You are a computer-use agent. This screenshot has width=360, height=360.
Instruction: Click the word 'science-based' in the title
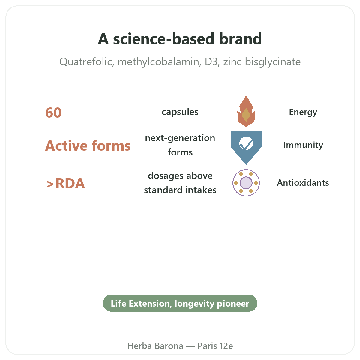[x=164, y=39]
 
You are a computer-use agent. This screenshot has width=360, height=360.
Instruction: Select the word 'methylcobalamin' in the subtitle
[x=159, y=62]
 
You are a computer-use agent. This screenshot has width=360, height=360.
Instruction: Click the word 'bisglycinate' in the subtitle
[x=273, y=62]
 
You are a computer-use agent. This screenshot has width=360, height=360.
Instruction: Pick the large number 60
[x=53, y=113]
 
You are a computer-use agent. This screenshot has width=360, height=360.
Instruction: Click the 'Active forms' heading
[x=88, y=145]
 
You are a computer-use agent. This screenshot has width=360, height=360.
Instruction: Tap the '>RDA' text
[x=66, y=184]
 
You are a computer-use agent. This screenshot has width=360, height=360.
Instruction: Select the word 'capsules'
[x=180, y=112]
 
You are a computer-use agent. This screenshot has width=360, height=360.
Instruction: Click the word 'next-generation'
[x=180, y=138]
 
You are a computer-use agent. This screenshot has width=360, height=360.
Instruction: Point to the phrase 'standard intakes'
[x=180, y=190]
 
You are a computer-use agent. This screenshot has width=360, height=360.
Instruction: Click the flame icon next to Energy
[x=246, y=111]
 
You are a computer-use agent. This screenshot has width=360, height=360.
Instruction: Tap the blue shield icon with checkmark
[x=246, y=148]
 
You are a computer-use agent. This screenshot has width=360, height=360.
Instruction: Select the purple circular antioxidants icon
[x=246, y=183]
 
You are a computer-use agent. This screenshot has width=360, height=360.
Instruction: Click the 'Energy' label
[x=303, y=112]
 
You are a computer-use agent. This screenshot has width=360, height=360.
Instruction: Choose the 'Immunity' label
[x=303, y=145]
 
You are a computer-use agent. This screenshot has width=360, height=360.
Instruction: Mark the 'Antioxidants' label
[x=303, y=183]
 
